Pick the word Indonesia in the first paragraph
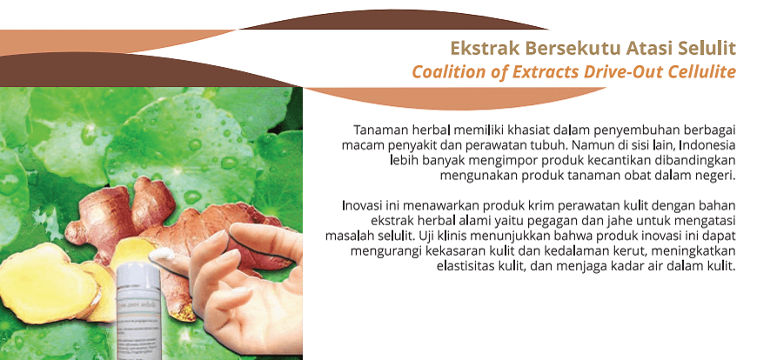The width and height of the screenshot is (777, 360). [707, 145]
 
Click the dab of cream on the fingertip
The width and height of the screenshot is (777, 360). [162, 255]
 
